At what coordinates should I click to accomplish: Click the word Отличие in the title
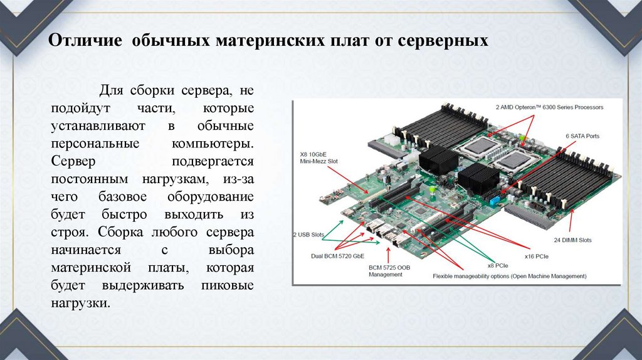(x=85, y=41)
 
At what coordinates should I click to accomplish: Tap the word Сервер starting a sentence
(x=73, y=161)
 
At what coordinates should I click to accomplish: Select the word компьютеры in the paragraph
(x=213, y=144)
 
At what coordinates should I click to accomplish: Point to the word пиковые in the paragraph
(x=228, y=285)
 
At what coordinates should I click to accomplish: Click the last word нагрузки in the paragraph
(x=81, y=303)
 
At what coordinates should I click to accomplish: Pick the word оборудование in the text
(x=211, y=197)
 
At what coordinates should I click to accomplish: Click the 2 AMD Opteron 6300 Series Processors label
(x=549, y=107)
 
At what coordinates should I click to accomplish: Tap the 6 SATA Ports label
(x=582, y=136)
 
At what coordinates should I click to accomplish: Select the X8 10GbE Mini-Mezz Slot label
(x=319, y=158)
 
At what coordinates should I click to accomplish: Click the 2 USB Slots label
(x=308, y=235)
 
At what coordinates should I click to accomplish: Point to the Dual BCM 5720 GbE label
(x=337, y=257)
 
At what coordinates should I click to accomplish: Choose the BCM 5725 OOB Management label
(x=389, y=271)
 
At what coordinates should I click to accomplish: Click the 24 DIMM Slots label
(x=572, y=240)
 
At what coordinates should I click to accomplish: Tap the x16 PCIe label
(x=537, y=257)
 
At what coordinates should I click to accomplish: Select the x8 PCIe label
(x=497, y=265)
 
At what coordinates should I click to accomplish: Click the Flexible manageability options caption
(x=509, y=276)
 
